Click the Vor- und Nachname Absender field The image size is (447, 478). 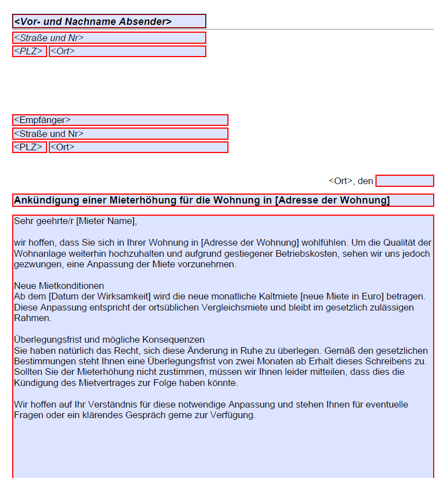point(109,22)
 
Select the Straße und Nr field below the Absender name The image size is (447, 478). point(109,38)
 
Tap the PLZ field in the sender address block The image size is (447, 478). point(29,51)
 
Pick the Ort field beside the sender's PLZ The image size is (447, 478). point(127,51)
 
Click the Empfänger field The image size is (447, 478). point(120,120)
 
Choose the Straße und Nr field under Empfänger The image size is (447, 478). point(120,134)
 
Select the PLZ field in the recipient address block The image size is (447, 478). point(29,147)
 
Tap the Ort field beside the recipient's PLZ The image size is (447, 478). point(138,147)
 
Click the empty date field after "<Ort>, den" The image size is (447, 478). point(404,181)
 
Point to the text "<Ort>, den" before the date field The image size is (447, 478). point(351,181)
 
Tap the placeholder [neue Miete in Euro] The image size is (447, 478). point(342,297)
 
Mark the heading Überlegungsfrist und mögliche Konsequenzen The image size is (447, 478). point(109,339)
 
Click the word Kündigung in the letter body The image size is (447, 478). point(34,383)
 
